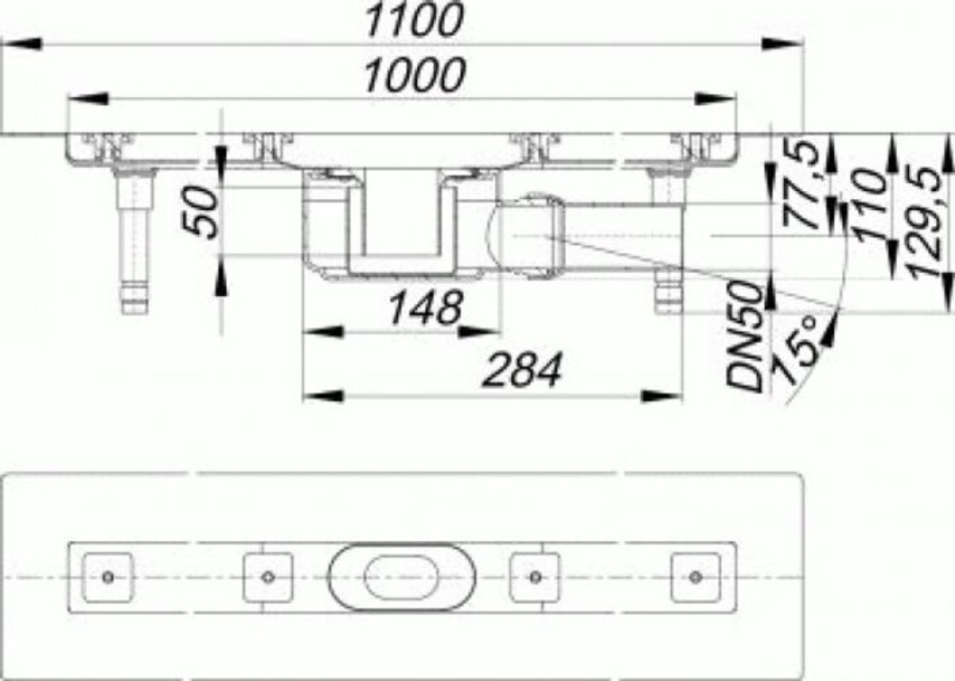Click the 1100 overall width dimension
(415, 20)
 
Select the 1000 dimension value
(415, 76)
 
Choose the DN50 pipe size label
(744, 336)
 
